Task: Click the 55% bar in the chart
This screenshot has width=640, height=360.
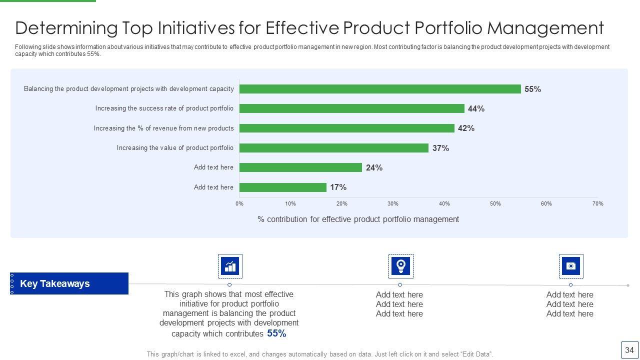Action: [380, 89]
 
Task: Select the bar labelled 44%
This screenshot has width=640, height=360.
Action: [352, 108]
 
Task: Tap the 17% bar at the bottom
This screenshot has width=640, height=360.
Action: [283, 187]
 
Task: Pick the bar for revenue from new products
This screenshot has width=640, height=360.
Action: [347, 128]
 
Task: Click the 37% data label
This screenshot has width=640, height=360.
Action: [440, 148]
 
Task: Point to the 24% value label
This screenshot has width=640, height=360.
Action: [374, 167]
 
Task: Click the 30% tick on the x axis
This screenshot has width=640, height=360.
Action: [393, 203]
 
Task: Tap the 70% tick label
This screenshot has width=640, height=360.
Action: [598, 203]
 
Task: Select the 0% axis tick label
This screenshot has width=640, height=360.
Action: [239, 203]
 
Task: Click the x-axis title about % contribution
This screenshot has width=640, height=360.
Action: [358, 219]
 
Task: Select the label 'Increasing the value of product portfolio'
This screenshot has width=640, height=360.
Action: [175, 148]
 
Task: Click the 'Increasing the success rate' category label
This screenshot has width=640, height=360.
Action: [164, 108]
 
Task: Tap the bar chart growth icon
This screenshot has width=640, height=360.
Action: [230, 266]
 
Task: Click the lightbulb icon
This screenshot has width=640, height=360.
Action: [400, 266]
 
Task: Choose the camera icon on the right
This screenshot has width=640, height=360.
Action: [571, 266]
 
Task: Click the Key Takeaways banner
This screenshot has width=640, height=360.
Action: [69, 283]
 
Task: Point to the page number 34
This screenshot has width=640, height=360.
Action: [629, 350]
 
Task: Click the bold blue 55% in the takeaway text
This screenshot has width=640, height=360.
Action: [276, 333]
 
